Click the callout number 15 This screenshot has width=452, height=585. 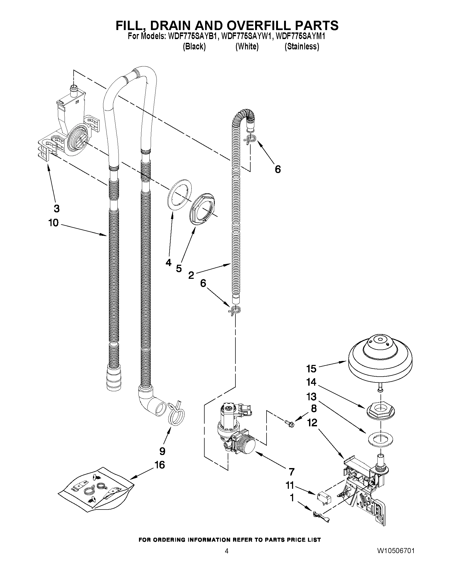(x=311, y=369)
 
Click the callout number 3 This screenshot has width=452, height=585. (x=57, y=208)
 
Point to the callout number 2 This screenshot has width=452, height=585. (x=191, y=275)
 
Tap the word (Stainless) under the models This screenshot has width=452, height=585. (x=302, y=47)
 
